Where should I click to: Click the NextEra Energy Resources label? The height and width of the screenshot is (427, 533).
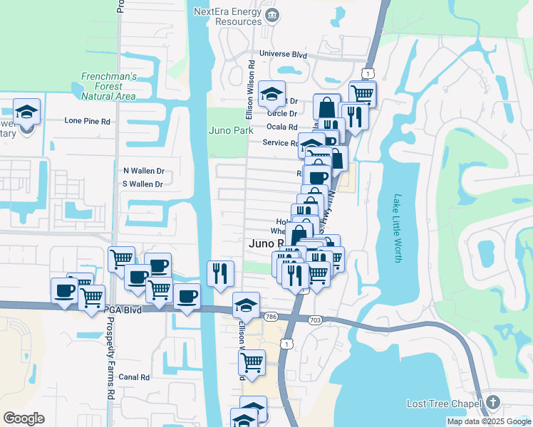228,16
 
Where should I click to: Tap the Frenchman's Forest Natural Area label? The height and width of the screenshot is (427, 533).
108,85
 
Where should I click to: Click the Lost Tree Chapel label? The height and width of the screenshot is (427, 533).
445,404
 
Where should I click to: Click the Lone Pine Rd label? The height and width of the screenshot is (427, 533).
87,121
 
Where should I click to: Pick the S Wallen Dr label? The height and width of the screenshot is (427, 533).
143,184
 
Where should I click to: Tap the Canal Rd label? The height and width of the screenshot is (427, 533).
134,377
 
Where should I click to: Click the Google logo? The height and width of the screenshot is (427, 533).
24,418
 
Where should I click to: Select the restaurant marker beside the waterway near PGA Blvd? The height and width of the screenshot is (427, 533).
220,273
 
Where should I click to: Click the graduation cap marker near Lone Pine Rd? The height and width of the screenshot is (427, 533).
27,112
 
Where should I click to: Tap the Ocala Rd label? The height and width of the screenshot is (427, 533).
281,127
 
